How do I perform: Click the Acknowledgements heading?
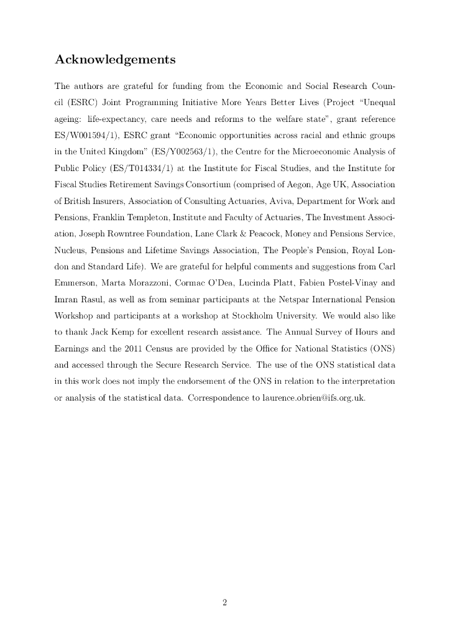(115, 60)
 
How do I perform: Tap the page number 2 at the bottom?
(225, 602)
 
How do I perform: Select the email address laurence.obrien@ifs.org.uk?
(312, 398)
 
